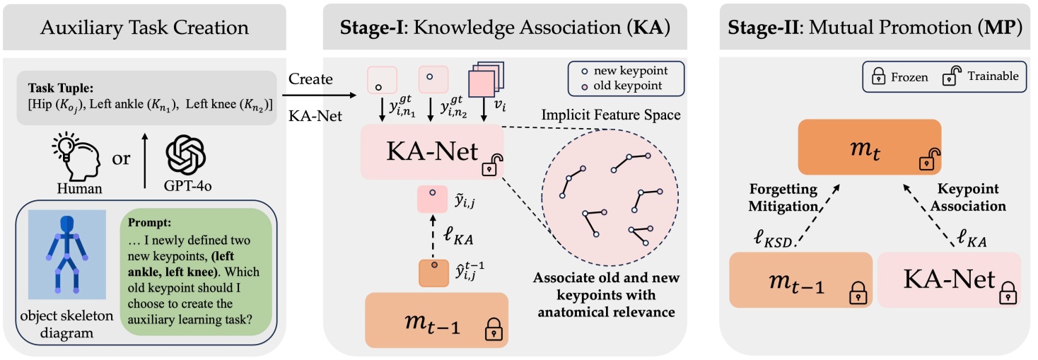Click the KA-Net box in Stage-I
[x=431, y=153]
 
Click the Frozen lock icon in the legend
[x=877, y=76]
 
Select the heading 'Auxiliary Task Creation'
[x=144, y=28]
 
